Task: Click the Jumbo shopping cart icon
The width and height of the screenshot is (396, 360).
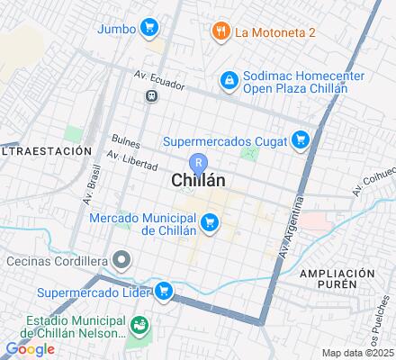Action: click(149, 28)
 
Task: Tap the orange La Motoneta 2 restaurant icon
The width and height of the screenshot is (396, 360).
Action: click(219, 33)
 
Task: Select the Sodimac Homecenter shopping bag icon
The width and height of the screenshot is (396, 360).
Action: click(229, 81)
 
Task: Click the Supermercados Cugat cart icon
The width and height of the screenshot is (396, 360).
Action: click(301, 140)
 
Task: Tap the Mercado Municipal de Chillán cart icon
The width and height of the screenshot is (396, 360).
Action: click(210, 220)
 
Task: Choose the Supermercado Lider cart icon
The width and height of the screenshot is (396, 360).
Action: click(163, 292)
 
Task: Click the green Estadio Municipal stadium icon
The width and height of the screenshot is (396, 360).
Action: click(139, 324)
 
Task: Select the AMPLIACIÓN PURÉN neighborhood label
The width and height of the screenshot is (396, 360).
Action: click(337, 278)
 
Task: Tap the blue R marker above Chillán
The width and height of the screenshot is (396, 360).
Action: click(202, 163)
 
